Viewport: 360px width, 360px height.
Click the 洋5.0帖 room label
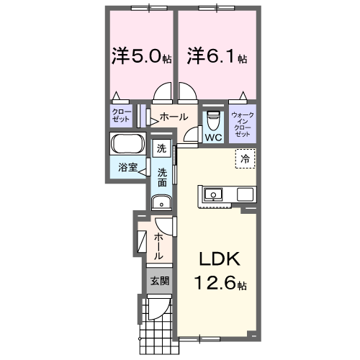tap(140, 55)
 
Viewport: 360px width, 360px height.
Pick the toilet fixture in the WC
tap(212, 119)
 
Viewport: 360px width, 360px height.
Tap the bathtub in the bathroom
tap(129, 143)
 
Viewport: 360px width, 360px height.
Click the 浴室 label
tap(128, 167)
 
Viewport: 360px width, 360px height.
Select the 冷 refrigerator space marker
tap(246, 158)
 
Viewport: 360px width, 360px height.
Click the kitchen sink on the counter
tap(213, 194)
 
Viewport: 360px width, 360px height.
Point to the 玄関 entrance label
tap(160, 280)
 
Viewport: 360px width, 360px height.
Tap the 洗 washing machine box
tap(161, 148)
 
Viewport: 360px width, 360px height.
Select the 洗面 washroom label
tap(163, 177)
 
